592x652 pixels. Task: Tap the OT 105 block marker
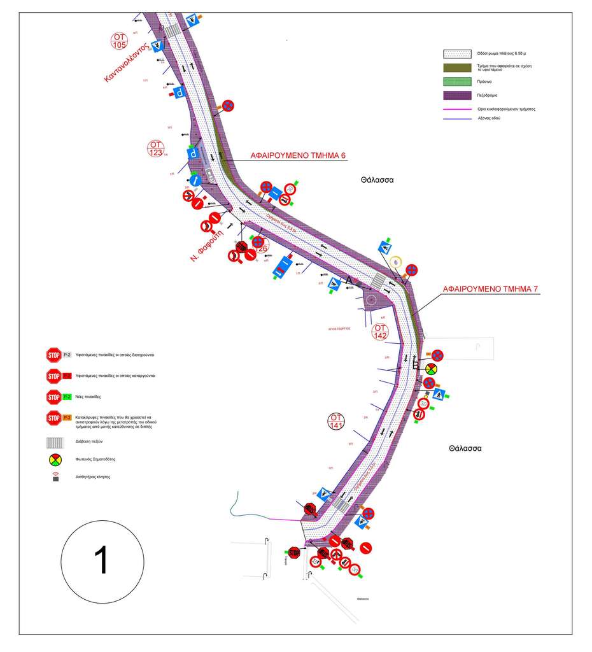coord(119,40)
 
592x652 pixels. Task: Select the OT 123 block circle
coord(155,149)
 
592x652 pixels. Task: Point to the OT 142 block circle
coord(381,332)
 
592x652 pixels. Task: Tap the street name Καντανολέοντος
coord(127,62)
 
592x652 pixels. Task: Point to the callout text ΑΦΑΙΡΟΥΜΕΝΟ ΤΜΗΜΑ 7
coord(491,289)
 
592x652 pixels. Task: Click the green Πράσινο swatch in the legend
coord(456,81)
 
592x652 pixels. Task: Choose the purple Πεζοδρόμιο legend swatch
coord(456,95)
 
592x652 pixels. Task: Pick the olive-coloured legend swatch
coord(456,67)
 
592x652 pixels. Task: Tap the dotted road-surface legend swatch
coord(456,54)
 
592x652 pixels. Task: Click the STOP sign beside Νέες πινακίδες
coord(53,397)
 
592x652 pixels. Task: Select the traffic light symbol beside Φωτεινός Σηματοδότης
coord(54,458)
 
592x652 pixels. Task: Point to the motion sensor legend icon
coord(54,476)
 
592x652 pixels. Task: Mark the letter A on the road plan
coord(348,280)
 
